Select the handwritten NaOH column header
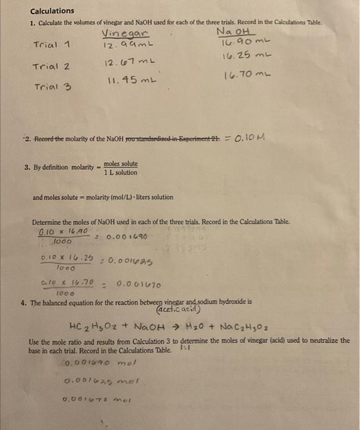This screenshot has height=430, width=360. (x=235, y=32)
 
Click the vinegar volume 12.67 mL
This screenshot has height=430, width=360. (x=129, y=63)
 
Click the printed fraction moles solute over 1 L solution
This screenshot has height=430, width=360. (x=120, y=168)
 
